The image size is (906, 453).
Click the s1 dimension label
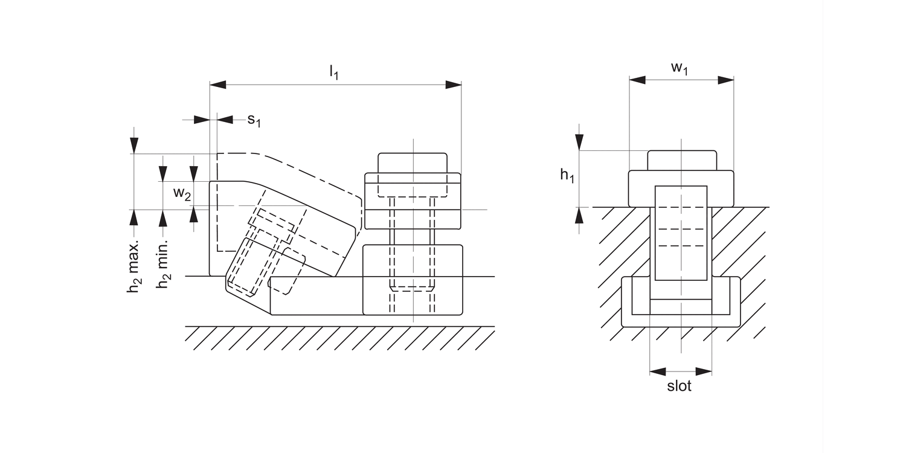click(254, 120)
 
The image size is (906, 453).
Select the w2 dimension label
click(182, 194)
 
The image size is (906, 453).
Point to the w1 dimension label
click(680, 68)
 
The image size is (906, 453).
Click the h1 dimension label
click(566, 175)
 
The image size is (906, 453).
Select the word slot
click(679, 386)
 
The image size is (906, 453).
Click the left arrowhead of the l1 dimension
click(218, 85)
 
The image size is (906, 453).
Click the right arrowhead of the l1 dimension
click(453, 85)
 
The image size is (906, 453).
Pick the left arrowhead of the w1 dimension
click(638, 80)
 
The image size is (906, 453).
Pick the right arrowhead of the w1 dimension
click(725, 80)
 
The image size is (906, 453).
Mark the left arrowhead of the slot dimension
click(658, 371)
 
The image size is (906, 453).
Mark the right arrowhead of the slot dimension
click(704, 371)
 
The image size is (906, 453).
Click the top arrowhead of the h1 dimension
click(579, 142)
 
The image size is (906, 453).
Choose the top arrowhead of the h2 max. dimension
click(134, 146)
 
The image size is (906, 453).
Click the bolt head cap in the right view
click(682, 160)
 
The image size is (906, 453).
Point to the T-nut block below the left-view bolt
click(413, 280)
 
